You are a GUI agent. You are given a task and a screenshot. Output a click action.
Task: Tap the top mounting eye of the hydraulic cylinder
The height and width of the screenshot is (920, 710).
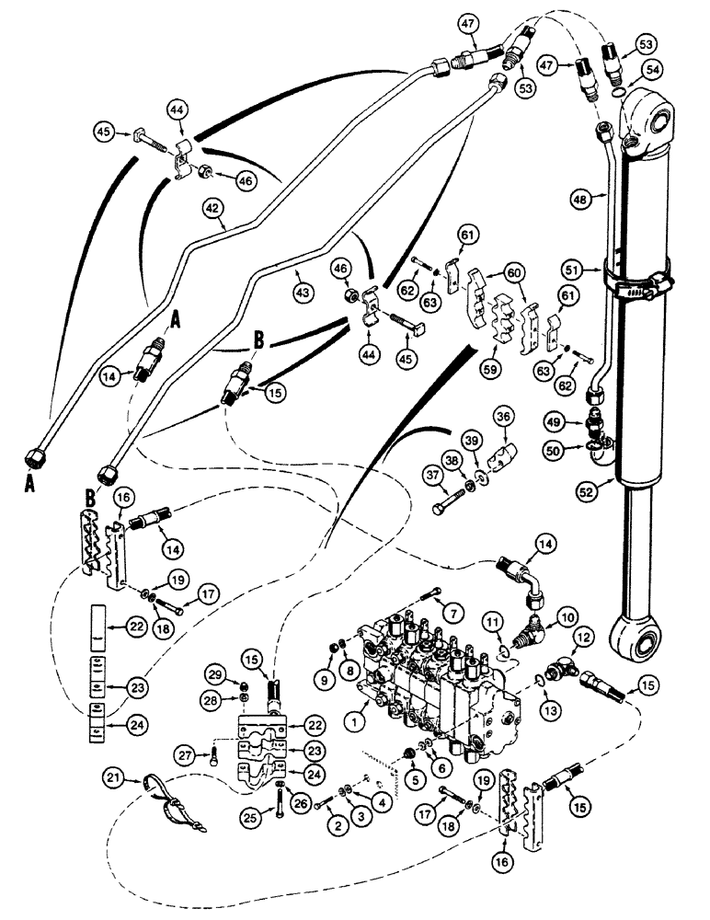652,120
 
